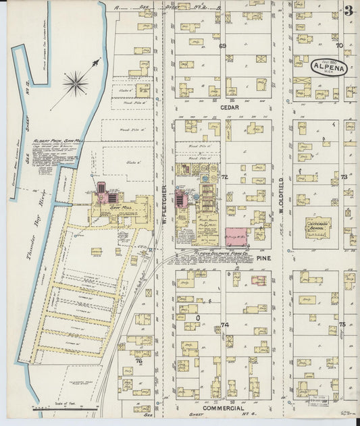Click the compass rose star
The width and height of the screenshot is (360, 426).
tap(75, 84)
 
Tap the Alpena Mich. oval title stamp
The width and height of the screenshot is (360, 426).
tap(329, 68)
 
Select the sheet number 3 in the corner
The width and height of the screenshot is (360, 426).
tap(349, 11)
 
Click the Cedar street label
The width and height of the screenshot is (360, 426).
tap(230, 107)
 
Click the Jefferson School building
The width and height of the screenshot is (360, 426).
tap(318, 228)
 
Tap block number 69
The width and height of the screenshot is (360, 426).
tap(222, 46)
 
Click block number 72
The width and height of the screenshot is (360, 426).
tap(224, 177)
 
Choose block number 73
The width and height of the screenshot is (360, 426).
tap(343, 177)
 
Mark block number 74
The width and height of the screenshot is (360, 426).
tap(225, 325)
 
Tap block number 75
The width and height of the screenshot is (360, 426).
tap(342, 325)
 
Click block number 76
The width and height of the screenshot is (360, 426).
tap(140, 361)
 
